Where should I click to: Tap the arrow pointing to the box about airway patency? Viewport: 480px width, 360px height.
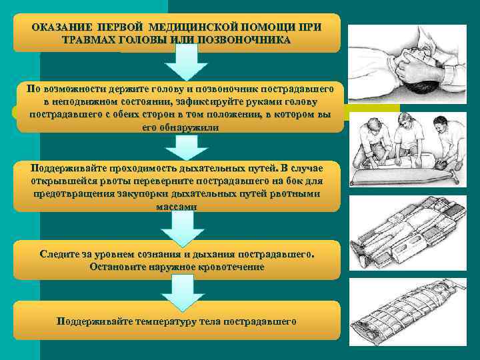(178, 147)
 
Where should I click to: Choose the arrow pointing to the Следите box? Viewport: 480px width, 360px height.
(178, 228)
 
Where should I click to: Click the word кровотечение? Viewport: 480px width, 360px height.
(228, 267)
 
